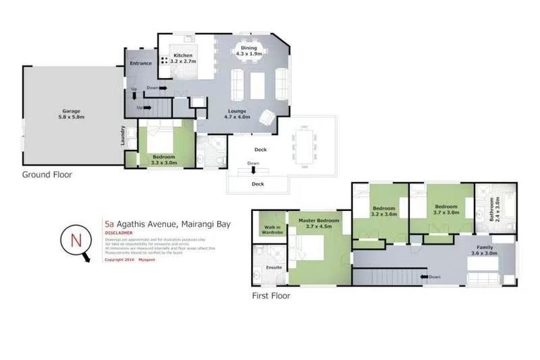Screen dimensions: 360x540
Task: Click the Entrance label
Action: [x=141, y=64]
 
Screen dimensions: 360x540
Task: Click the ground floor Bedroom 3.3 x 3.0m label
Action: [x=164, y=160]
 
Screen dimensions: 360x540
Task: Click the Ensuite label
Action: [x=273, y=267]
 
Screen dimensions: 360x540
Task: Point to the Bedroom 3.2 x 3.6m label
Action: [x=384, y=212]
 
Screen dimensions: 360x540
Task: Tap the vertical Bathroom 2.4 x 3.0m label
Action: [x=494, y=210]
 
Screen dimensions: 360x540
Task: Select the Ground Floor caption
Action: [x=47, y=174]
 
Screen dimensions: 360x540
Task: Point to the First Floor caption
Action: [x=271, y=296]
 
